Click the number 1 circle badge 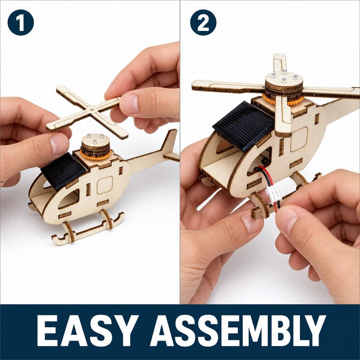coord(21,22)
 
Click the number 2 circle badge coord(203,22)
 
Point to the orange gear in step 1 coord(95,154)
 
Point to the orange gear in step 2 coord(283,99)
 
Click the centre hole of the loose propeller coord(92,109)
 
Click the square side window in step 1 coord(105,185)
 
